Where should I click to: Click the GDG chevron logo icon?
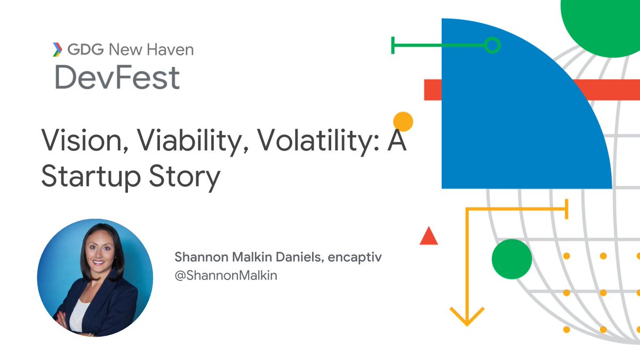click(56, 50)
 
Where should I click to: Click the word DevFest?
click(117, 77)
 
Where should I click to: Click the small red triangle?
click(429, 236)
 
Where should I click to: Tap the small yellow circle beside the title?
click(403, 122)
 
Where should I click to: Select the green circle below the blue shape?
click(511, 259)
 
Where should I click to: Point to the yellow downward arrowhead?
click(467, 317)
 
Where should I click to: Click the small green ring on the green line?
click(492, 46)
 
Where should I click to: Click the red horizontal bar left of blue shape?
click(432, 90)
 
